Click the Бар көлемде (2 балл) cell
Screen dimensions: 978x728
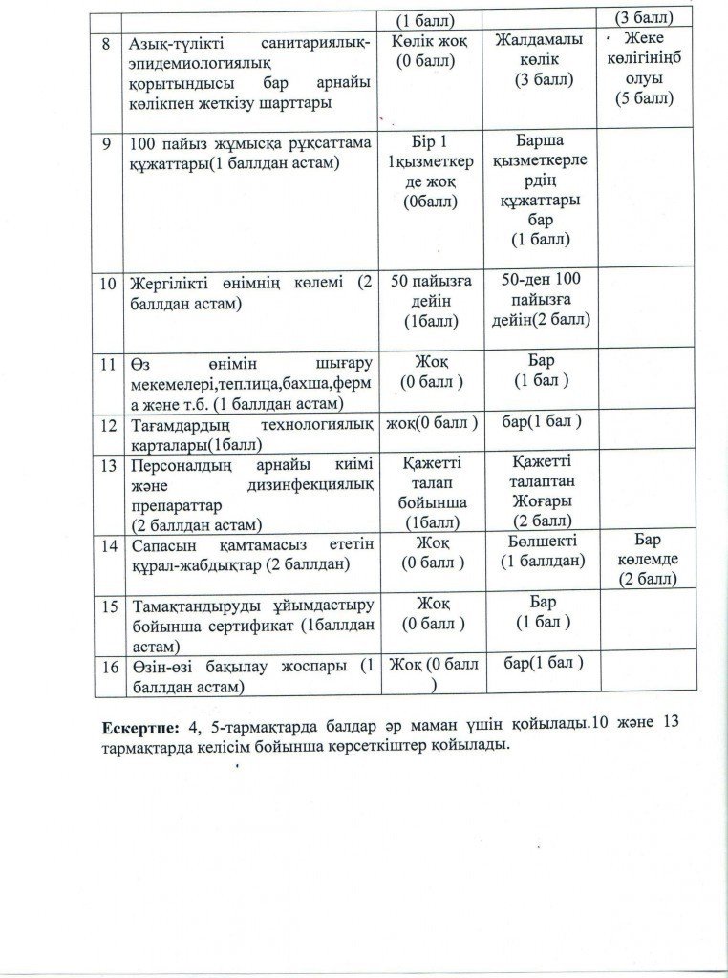[649, 561]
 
